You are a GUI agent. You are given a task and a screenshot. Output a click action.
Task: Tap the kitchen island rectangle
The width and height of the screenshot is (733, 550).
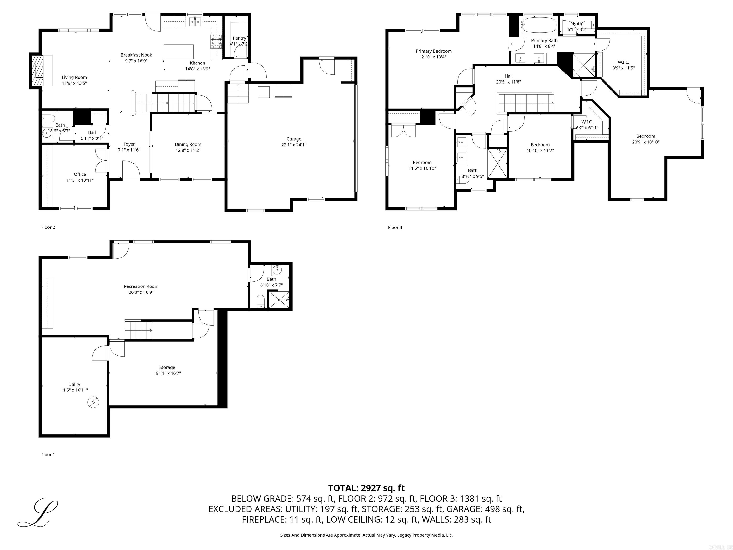coord(179,52)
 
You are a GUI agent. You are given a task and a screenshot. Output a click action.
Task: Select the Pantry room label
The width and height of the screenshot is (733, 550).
coord(239,38)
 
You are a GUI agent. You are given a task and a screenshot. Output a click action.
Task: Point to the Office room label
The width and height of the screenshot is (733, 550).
coord(80,175)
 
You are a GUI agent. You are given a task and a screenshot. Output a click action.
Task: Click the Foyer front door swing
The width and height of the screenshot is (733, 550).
coord(131,169)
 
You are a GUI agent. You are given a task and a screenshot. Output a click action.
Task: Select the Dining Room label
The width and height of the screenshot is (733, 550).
coord(188,145)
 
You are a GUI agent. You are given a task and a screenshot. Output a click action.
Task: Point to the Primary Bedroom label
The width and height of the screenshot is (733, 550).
coord(434,51)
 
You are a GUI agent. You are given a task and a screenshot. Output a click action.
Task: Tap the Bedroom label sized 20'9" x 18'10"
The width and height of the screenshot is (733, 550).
coord(645,136)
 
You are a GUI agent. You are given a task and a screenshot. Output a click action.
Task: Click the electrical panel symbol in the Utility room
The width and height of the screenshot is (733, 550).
coord(93,402)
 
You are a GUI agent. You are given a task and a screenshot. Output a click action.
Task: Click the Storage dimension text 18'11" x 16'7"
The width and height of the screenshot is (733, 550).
coord(167,373)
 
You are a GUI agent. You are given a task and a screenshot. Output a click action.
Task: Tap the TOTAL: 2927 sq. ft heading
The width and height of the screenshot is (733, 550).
coord(366,488)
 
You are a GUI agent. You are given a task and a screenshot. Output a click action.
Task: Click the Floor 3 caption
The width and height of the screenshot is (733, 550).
coord(395,227)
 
